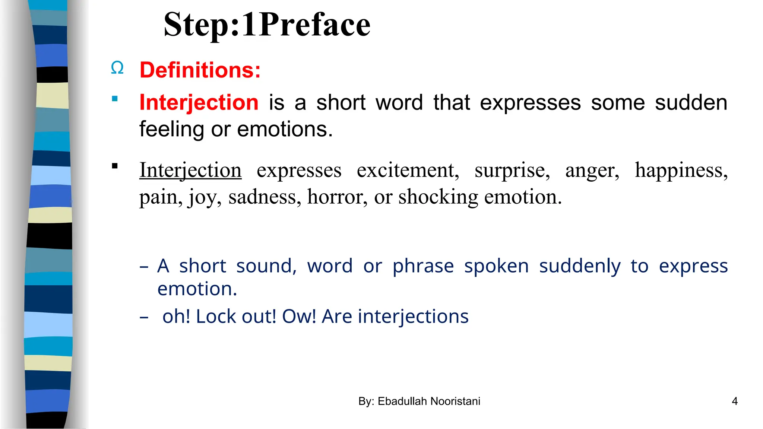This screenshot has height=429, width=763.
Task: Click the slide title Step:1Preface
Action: tap(267, 25)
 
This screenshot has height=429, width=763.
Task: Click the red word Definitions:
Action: tap(200, 70)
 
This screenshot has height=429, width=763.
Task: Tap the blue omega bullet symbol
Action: tap(117, 68)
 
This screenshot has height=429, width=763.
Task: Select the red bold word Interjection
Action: tap(199, 102)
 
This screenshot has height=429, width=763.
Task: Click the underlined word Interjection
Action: tap(190, 171)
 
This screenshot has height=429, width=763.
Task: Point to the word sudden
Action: tap(691, 102)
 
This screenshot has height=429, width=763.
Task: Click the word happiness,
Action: tap(681, 171)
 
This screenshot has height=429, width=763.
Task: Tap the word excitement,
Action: tap(408, 171)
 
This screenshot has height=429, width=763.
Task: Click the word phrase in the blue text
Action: tap(423, 266)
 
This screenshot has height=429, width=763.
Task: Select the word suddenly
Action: tap(580, 266)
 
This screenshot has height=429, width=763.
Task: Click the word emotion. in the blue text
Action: tap(197, 289)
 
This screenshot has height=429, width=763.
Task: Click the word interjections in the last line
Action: tap(413, 317)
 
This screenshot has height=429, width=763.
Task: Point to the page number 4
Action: tap(735, 401)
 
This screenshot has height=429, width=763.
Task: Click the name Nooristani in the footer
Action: tap(455, 401)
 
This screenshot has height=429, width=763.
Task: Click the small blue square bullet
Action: tap(115, 99)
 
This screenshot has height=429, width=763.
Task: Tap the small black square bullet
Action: tap(115, 166)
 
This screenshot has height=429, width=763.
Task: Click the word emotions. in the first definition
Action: tap(285, 129)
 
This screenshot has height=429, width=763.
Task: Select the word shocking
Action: tap(438, 197)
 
